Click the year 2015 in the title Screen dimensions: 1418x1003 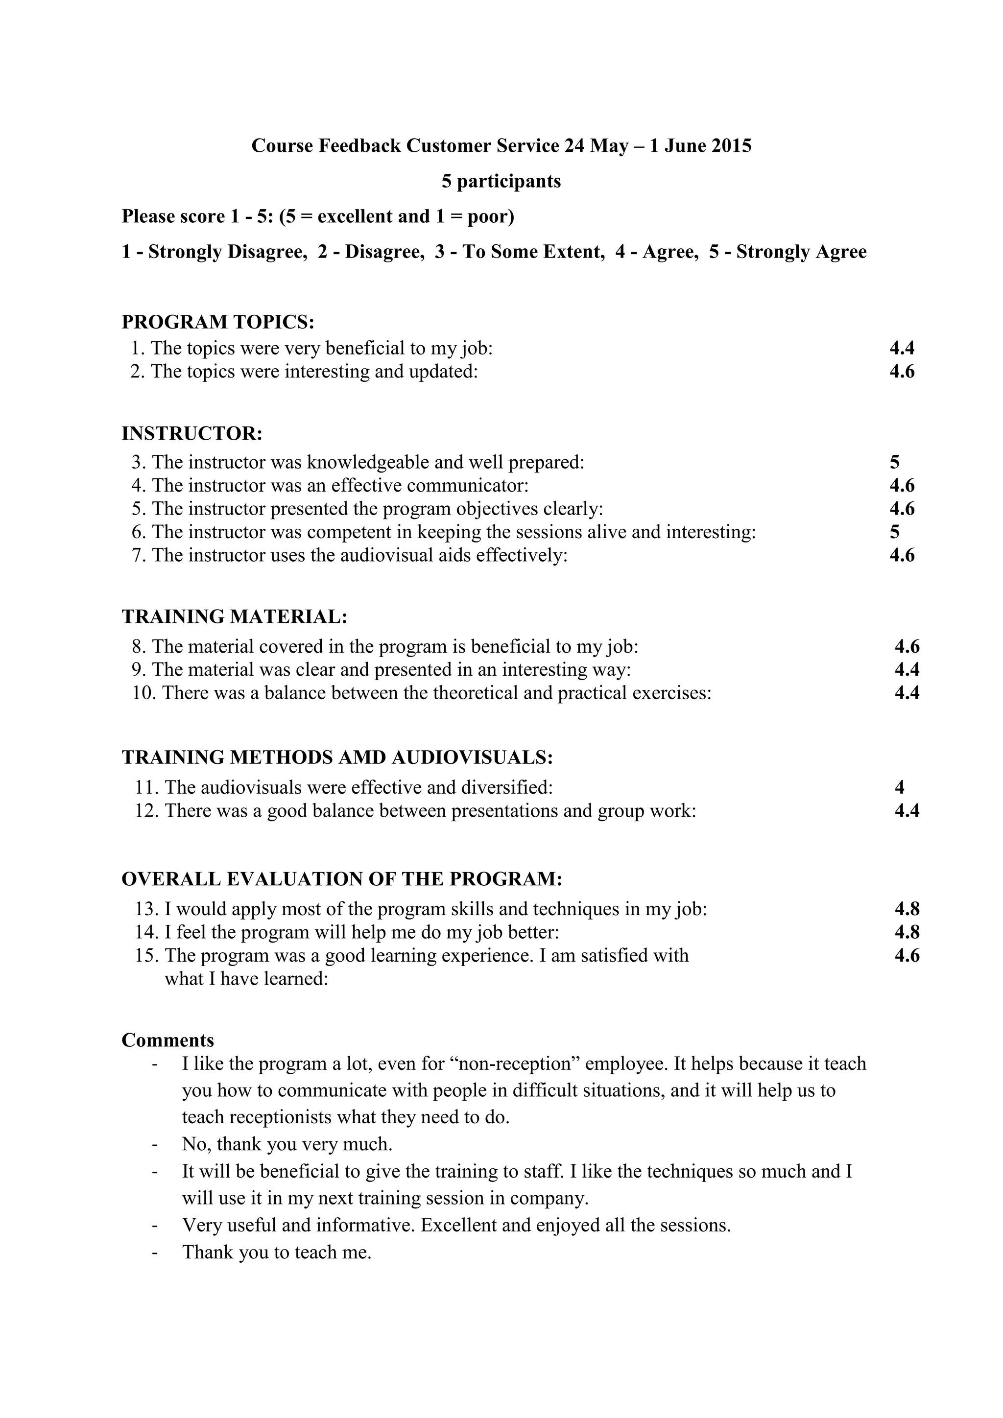click(x=731, y=146)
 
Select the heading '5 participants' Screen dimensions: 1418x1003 click(x=501, y=181)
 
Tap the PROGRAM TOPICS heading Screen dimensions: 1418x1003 click(x=218, y=322)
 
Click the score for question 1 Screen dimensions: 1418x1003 click(x=902, y=348)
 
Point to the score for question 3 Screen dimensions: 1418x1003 click(x=895, y=462)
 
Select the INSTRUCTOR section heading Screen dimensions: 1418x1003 click(x=192, y=433)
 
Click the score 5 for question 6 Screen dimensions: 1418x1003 click(x=895, y=532)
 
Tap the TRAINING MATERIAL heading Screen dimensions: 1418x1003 click(x=235, y=616)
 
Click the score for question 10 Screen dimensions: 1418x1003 click(x=907, y=693)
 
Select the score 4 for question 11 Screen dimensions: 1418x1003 click(x=899, y=787)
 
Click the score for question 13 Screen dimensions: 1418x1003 click(x=907, y=909)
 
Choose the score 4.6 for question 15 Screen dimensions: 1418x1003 click(x=907, y=955)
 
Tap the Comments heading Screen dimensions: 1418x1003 click(x=168, y=1040)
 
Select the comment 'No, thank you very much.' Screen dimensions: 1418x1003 click(x=287, y=1144)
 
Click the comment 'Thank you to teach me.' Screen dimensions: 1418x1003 click(x=277, y=1252)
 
